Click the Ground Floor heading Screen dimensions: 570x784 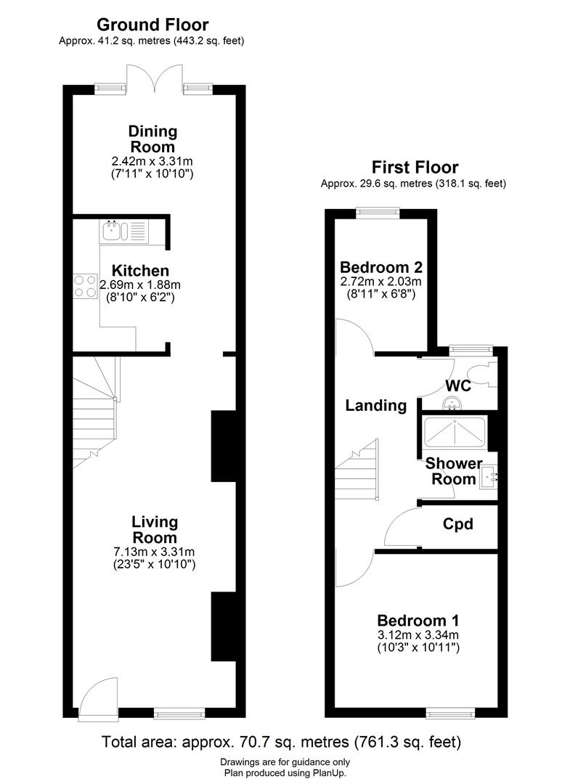[152, 25]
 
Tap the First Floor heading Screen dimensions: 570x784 [415, 167]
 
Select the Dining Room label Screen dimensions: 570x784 [152, 139]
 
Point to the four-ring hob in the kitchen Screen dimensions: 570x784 [86, 287]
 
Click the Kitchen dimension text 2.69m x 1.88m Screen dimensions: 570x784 [140, 285]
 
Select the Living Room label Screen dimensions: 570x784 [155, 529]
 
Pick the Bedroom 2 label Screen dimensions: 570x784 [381, 267]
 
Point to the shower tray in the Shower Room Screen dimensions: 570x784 [454, 432]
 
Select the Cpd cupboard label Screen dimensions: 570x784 [457, 524]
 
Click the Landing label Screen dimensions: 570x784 [376, 405]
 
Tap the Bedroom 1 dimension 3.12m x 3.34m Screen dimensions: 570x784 [418, 635]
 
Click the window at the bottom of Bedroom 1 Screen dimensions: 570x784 [450, 713]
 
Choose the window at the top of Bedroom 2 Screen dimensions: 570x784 [378, 213]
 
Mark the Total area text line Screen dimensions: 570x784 [281, 741]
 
